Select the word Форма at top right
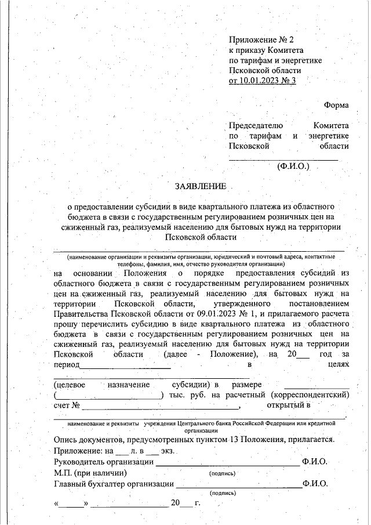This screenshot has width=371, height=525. (336, 105)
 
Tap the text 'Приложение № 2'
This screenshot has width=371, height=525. (262, 39)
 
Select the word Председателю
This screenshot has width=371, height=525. (256, 125)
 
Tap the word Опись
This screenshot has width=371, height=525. (66, 439)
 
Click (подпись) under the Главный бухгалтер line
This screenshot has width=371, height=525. (222, 493)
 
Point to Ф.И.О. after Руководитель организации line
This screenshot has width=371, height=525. (315, 462)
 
